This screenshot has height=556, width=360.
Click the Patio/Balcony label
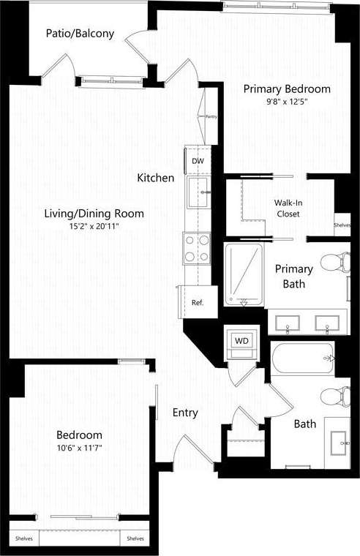[70, 34]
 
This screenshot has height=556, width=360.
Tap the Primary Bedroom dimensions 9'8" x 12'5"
[286, 102]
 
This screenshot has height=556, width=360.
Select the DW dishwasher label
[198, 161]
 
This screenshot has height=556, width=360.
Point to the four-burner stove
[197, 247]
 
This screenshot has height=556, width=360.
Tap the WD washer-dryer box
[241, 340]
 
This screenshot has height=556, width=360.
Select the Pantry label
[211, 116]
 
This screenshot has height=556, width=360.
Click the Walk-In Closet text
[287, 208]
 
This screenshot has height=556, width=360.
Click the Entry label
[185, 413]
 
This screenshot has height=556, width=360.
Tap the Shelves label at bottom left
[23, 539]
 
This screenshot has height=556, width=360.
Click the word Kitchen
[156, 178]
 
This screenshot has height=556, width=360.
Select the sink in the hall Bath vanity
[339, 442]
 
